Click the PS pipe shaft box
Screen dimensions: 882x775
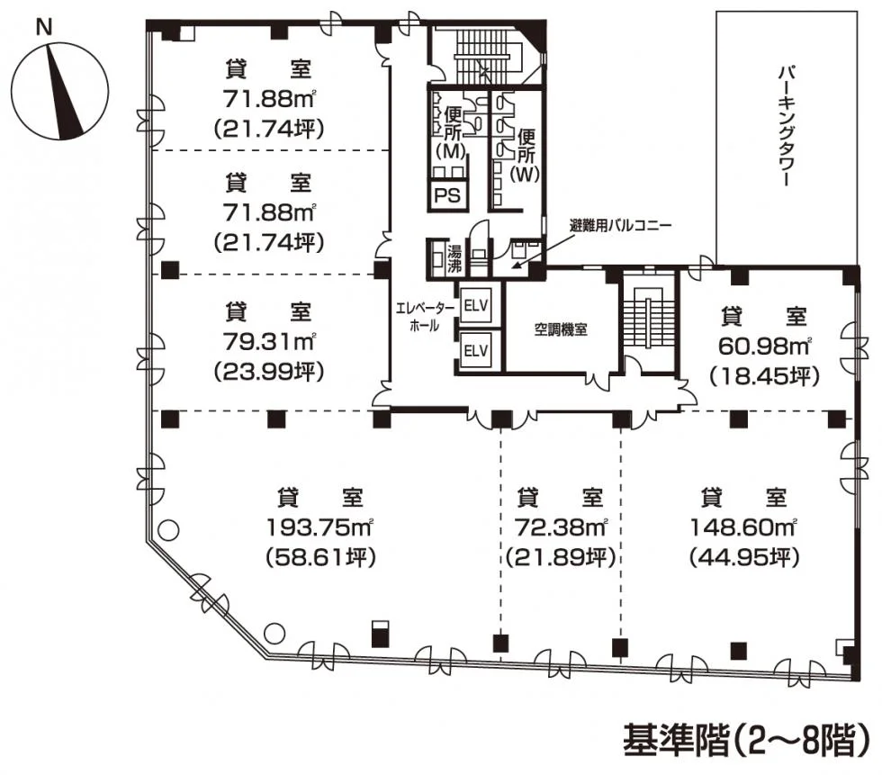pos(448,194)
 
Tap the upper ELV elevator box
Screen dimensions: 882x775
pos(475,307)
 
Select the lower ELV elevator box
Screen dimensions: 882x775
pos(475,351)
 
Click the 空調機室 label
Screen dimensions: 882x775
pos(560,329)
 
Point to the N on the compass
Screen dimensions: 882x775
pos(43,27)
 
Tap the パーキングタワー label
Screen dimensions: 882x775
pos(786,127)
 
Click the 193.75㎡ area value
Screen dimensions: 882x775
pos(319,527)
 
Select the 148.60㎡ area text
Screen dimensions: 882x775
pos(743,527)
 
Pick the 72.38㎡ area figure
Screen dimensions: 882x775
pos(561,527)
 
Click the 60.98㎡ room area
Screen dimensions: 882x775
pos(765,346)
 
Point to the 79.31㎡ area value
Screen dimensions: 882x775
pos(269,341)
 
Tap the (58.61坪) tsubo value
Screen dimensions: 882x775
pos(320,557)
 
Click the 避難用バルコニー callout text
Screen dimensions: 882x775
pos(620,226)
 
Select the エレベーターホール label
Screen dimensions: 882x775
pos(425,316)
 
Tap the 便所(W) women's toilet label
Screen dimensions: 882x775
pos(526,155)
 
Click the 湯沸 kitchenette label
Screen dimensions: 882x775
pos(454,258)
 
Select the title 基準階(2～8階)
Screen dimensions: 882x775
pos(746,741)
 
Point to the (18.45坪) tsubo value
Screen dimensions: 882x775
pos(765,375)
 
